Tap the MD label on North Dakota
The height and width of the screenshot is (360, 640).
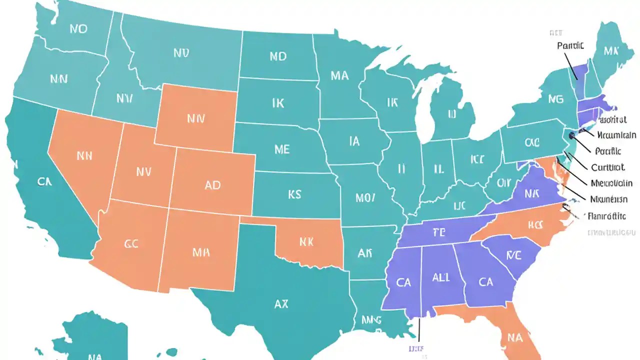pyautogui.click(x=278, y=56)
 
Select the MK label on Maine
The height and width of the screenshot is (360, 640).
pyautogui.click(x=611, y=51)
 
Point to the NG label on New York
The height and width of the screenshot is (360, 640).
pyautogui.click(x=555, y=99)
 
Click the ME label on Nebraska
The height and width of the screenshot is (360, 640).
pyautogui.click(x=282, y=149)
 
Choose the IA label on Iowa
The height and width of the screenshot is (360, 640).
pyautogui.click(x=354, y=141)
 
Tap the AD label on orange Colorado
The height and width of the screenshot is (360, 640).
pyautogui.click(x=212, y=185)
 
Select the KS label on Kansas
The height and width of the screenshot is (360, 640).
pyautogui.click(x=294, y=193)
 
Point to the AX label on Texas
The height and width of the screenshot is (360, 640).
pyautogui.click(x=281, y=303)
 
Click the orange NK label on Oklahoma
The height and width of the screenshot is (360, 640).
pyautogui.click(x=306, y=242)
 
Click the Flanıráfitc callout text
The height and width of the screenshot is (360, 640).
pyautogui.click(x=606, y=216)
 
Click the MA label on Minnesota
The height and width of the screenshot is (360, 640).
pyautogui.click(x=339, y=75)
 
